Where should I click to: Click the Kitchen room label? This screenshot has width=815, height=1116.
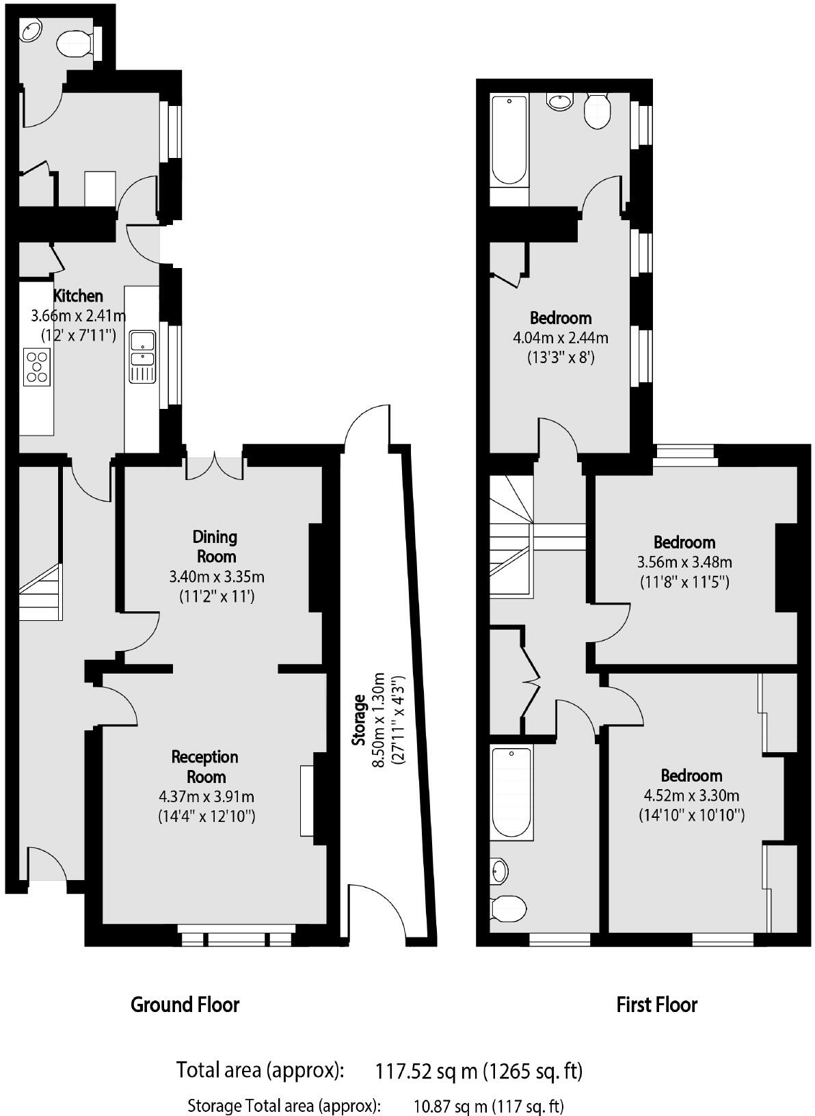click(78, 296)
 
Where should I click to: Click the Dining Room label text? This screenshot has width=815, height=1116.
click(215, 546)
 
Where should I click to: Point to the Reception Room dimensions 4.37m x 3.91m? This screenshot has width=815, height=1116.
click(206, 797)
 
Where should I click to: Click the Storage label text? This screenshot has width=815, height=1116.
click(359, 721)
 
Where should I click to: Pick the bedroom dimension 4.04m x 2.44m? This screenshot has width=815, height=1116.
click(560, 338)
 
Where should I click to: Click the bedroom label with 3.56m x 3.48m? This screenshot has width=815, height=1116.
click(684, 542)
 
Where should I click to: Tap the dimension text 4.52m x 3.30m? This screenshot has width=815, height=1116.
click(691, 796)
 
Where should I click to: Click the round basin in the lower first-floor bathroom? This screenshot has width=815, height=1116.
click(500, 871)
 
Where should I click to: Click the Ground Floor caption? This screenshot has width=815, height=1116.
click(185, 1005)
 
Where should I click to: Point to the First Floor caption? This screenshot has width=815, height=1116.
click(656, 1005)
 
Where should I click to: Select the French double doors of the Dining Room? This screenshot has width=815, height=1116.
click(215, 465)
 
